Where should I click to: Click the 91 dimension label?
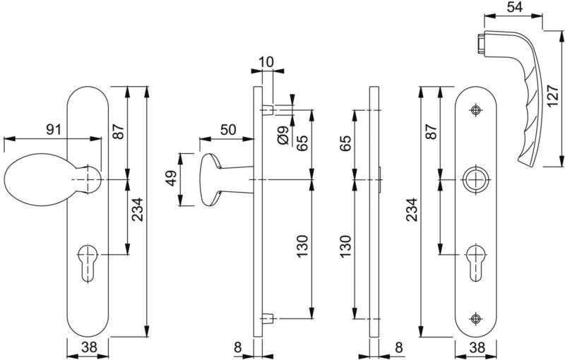click(x=54, y=129)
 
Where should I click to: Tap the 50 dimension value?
click(x=228, y=129)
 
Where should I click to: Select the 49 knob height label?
click(x=172, y=179)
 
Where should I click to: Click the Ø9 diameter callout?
click(x=284, y=136)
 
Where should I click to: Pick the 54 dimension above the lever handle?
click(x=514, y=8)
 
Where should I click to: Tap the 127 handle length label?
click(x=553, y=97)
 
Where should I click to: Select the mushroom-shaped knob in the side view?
click(x=226, y=179)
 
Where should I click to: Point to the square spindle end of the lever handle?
click(x=481, y=44)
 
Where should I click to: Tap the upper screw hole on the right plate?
click(x=476, y=110)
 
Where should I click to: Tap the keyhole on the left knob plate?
click(x=88, y=262)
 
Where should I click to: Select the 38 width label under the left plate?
click(x=89, y=347)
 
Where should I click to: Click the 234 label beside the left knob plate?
click(x=137, y=210)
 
